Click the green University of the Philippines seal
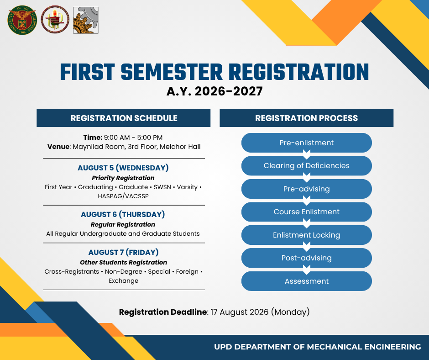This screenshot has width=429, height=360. pos(22,20)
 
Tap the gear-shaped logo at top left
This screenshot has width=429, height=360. pos(86,20)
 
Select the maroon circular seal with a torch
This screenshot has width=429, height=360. pos(55,20)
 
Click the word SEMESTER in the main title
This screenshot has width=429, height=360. pos(172,72)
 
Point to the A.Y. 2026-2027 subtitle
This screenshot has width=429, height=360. pos(214,91)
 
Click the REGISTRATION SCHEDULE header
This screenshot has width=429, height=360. pos(124,118)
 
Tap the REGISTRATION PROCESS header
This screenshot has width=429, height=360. pos(306,118)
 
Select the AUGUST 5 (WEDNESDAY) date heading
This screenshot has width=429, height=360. pos(123,168)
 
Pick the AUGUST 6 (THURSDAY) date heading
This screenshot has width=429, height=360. pos(123,214)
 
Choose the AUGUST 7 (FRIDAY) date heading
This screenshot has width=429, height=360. pos(123,252)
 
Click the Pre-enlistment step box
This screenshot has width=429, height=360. pos(306,143)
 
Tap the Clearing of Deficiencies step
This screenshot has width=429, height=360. pos(306,166)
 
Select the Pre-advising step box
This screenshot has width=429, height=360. pos(306,189)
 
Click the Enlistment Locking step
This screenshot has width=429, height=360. pos(306,235)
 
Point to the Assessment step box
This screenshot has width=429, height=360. pos(306,281)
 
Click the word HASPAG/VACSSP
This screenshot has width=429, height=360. pos(123,196)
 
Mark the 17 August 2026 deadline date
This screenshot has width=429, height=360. pos(240,312)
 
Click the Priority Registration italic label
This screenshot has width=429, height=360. pos(123,178)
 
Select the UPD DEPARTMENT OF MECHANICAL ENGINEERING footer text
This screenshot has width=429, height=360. pos(317,347)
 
